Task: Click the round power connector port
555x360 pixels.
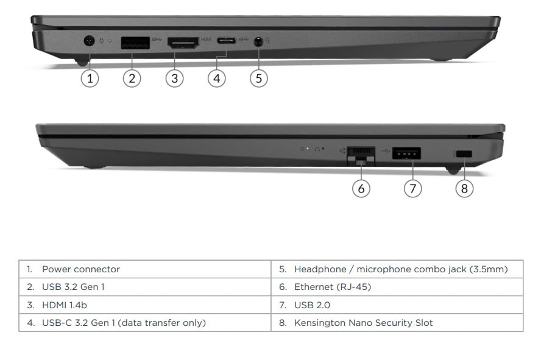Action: coord(89,41)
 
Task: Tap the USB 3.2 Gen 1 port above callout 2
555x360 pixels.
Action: coord(135,43)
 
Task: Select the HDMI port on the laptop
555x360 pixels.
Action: coord(183,43)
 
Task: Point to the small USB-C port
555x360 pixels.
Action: coord(227,40)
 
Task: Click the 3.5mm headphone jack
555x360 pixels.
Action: coord(259,42)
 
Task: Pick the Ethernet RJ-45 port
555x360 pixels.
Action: coord(361,155)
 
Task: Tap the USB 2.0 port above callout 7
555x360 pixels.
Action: coord(406,154)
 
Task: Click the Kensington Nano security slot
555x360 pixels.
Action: coord(464,154)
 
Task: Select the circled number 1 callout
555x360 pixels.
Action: coord(90,78)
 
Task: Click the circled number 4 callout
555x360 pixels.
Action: coord(217,78)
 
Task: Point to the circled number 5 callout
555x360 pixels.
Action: coord(259,78)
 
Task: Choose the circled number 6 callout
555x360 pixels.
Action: coord(361,188)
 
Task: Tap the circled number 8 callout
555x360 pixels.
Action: coord(464,188)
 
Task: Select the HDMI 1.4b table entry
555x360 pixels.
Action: coord(65,305)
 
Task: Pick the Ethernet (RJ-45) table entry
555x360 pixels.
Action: coord(333,287)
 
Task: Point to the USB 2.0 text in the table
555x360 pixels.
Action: coord(312,305)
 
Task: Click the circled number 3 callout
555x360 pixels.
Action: coord(174,78)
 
